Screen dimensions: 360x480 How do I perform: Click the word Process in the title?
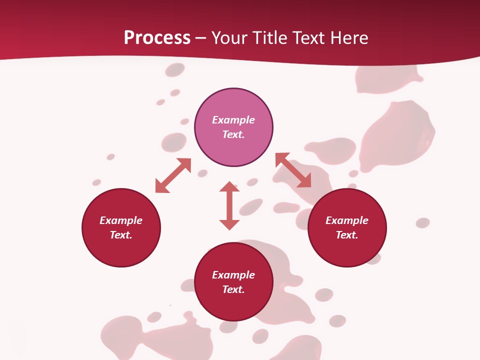[x=157, y=38]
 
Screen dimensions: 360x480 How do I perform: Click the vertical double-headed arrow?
[x=229, y=206]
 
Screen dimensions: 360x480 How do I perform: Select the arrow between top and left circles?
[x=173, y=175]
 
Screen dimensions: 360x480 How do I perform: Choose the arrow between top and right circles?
[x=293, y=170]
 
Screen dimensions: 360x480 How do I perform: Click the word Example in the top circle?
[x=233, y=120]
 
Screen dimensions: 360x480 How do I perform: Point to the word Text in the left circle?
[x=121, y=235]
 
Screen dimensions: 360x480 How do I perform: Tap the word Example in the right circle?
[x=347, y=220]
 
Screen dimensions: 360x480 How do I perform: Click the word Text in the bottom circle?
[x=233, y=289]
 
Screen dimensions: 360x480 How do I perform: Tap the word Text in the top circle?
[x=233, y=134]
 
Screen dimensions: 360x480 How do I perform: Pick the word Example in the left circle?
[x=121, y=220]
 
